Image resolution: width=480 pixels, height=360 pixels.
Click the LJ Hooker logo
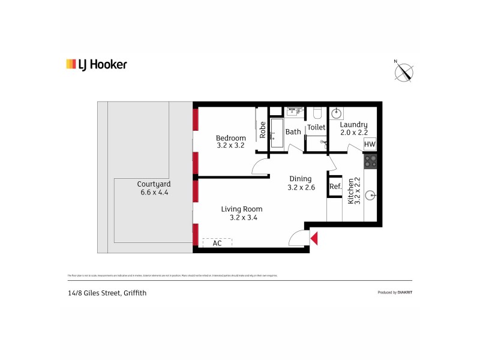pyautogui.click(x=96, y=64)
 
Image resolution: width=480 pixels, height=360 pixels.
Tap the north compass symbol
pyautogui.click(x=404, y=71)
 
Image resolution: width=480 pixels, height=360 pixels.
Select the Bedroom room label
pyautogui.click(x=231, y=138)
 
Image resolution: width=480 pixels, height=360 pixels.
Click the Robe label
pyautogui.click(x=263, y=129)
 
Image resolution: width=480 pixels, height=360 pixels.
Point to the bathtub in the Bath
pyautogui.click(x=277, y=133)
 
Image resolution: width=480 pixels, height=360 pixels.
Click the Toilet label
pyautogui.click(x=316, y=127)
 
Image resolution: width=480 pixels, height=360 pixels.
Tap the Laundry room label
pyautogui.click(x=353, y=125)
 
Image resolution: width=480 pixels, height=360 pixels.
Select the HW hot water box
pyautogui.click(x=370, y=145)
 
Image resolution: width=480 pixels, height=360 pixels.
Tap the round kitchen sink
pyautogui.click(x=371, y=195)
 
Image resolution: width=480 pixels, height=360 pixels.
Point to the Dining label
pyautogui.click(x=301, y=179)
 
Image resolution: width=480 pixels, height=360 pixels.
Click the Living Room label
pyautogui.click(x=242, y=209)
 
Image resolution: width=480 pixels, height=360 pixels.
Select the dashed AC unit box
pyautogui.click(x=217, y=243)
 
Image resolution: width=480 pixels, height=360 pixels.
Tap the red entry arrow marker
pyautogui.click(x=314, y=239)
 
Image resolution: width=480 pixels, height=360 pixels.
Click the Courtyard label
pyautogui.click(x=154, y=184)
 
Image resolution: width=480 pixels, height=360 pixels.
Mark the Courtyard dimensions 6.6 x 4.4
pyautogui.click(x=154, y=193)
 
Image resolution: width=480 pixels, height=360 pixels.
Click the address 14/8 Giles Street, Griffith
pyautogui.click(x=107, y=293)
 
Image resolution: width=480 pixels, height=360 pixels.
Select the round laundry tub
pyautogui.click(x=337, y=113)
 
